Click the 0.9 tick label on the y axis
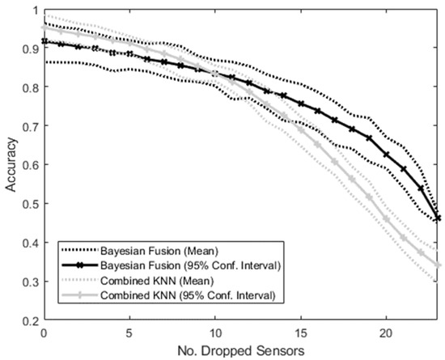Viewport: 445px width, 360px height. (29, 49)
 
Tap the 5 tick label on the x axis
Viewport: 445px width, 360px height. (129, 332)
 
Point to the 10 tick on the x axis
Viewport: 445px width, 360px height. (214, 332)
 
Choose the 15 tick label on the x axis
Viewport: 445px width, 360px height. (300, 332)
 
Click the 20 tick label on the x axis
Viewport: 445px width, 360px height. (386, 332)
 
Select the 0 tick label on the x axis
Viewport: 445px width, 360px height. (44, 332)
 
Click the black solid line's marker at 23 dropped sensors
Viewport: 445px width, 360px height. (438, 218)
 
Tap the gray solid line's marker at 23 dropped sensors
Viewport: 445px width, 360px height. (438, 265)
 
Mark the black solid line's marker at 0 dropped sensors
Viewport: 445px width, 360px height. (44, 41)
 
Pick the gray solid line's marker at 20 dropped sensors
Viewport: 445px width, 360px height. (386, 219)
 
